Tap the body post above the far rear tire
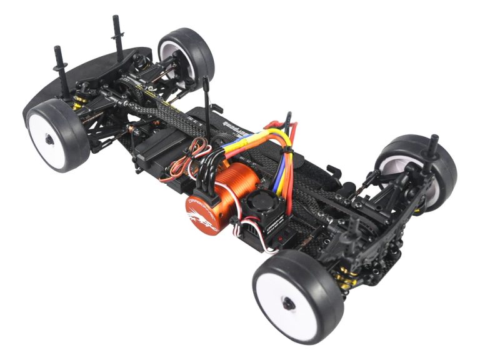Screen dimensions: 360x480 432,144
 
